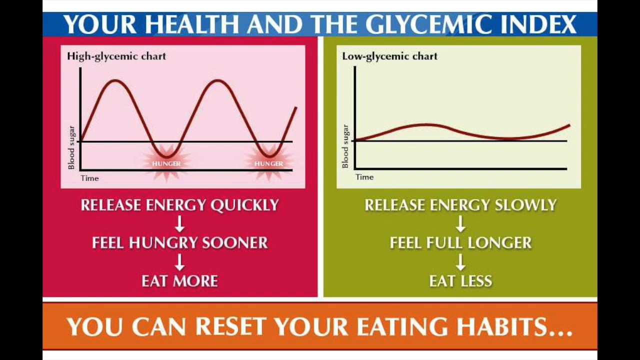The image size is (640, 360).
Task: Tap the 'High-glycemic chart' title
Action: point(116,56)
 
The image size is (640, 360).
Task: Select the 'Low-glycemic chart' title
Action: point(389,56)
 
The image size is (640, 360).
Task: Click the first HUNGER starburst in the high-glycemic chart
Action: point(166,163)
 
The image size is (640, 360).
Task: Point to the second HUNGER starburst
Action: point(269,163)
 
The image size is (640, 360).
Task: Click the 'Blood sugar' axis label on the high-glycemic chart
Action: point(71,147)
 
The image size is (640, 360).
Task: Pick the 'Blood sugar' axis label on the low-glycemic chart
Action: point(345,146)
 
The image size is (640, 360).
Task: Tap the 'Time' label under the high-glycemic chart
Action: point(90,178)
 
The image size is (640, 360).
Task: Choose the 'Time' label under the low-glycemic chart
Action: point(364,177)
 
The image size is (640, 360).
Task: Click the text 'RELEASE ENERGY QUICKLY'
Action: point(180,205)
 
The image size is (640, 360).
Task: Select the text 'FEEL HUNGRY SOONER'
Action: point(180,243)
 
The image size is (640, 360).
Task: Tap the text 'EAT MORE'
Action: point(180,281)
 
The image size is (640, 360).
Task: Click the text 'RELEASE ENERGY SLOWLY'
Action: point(460,205)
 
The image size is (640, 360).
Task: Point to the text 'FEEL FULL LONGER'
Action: point(460,243)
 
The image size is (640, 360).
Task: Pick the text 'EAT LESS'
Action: point(460,281)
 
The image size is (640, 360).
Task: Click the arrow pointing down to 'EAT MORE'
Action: point(180,262)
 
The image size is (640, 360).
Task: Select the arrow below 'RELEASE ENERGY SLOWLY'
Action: point(460,224)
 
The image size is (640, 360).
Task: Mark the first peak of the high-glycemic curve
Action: point(115,80)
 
